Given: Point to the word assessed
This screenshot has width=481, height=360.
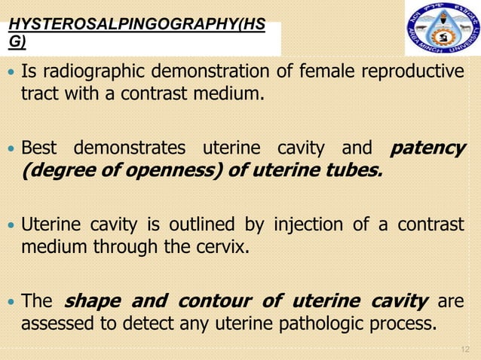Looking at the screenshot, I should tap(54, 325).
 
